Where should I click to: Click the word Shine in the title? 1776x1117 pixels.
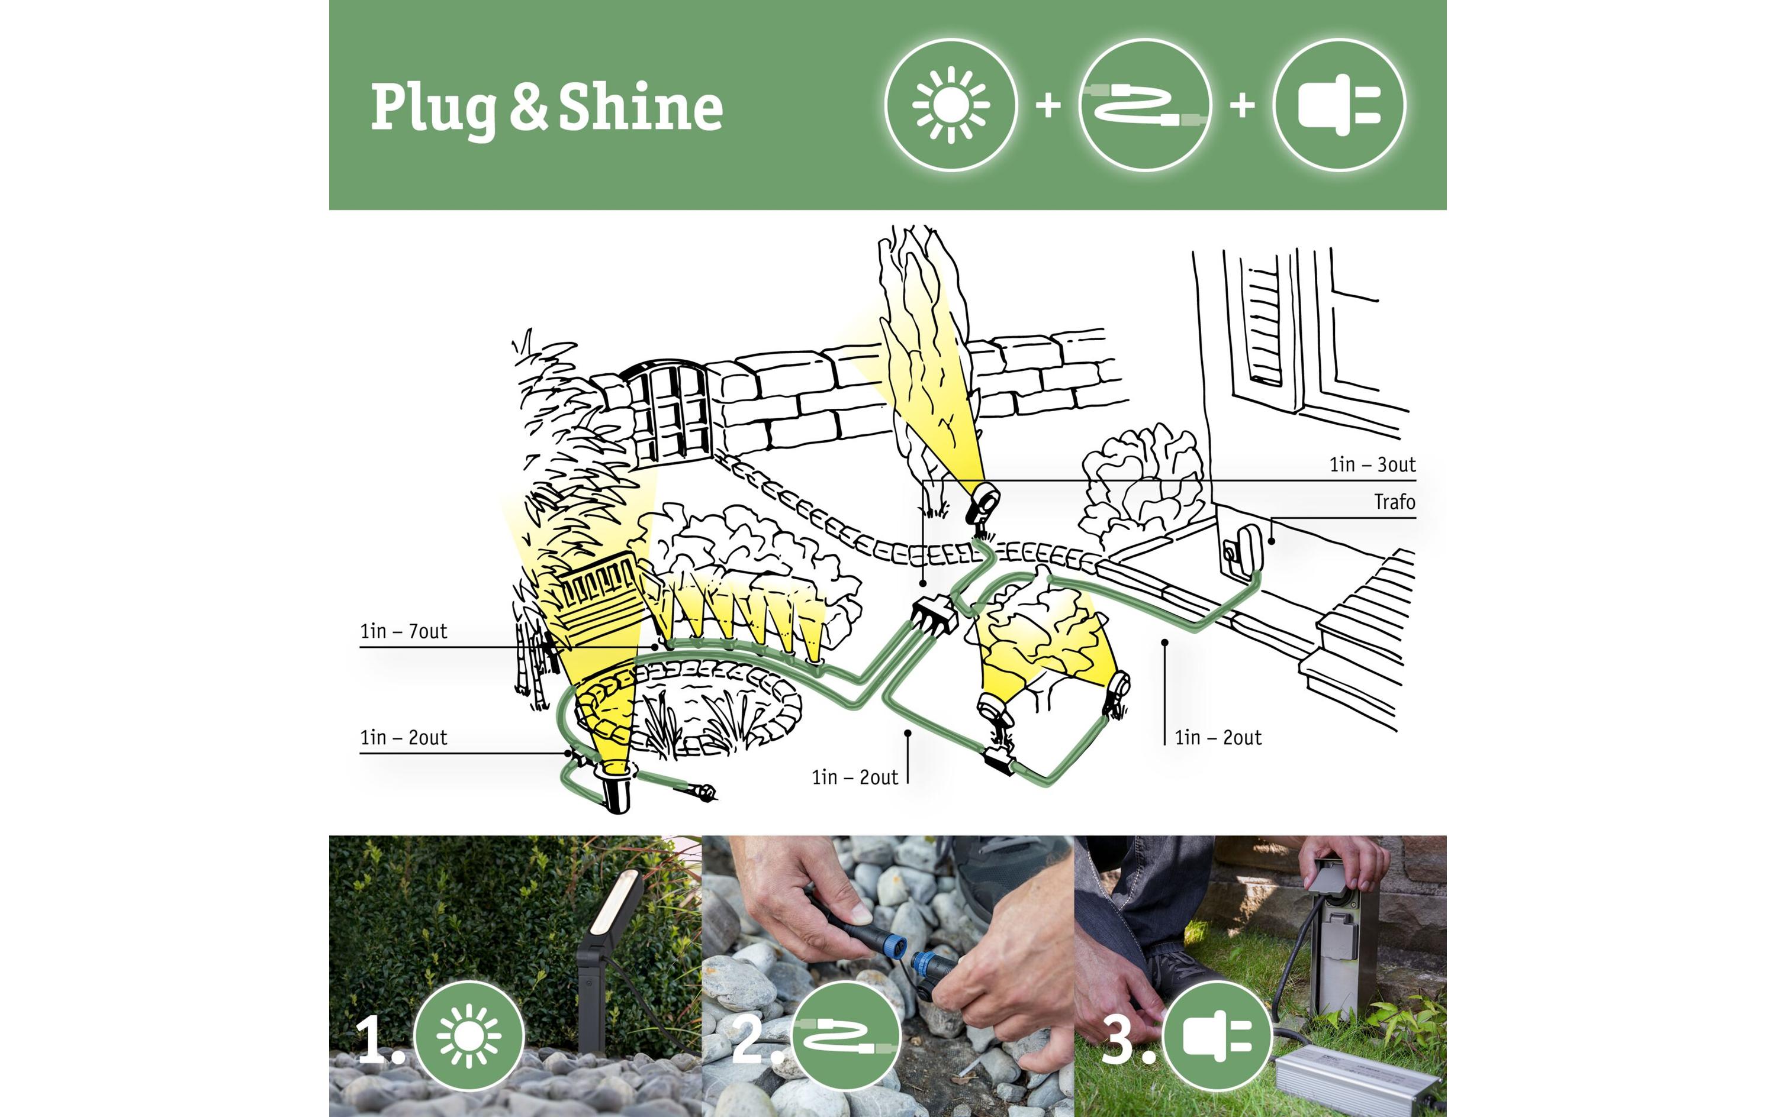[x=640, y=108]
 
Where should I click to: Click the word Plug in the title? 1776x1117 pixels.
[x=434, y=109]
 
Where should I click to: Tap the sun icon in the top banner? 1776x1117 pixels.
[x=951, y=105]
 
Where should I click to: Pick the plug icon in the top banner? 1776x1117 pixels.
[x=1339, y=105]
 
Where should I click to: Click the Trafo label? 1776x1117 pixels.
[x=1394, y=503]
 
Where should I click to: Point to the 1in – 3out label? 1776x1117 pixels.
[x=1372, y=464]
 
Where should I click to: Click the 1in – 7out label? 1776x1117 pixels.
[x=403, y=631]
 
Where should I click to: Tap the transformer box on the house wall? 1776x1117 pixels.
[x=1245, y=549]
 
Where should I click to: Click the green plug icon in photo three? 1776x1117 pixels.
[x=1217, y=1036]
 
